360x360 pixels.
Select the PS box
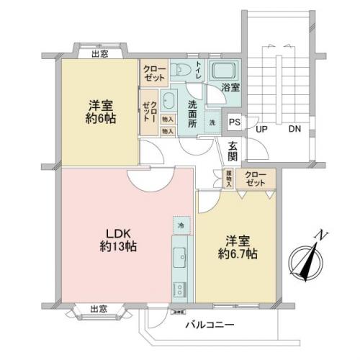coord(234,122)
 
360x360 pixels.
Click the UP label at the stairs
coord(263,130)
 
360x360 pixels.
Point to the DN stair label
coord(295,130)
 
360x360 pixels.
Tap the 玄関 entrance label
coord(233,151)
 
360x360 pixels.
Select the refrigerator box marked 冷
coord(181,225)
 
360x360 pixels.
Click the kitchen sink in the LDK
coord(180,256)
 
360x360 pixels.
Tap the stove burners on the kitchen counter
coord(179,289)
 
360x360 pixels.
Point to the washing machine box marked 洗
coord(212,121)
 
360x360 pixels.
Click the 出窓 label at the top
coord(101,53)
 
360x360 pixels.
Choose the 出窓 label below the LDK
coord(100,309)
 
